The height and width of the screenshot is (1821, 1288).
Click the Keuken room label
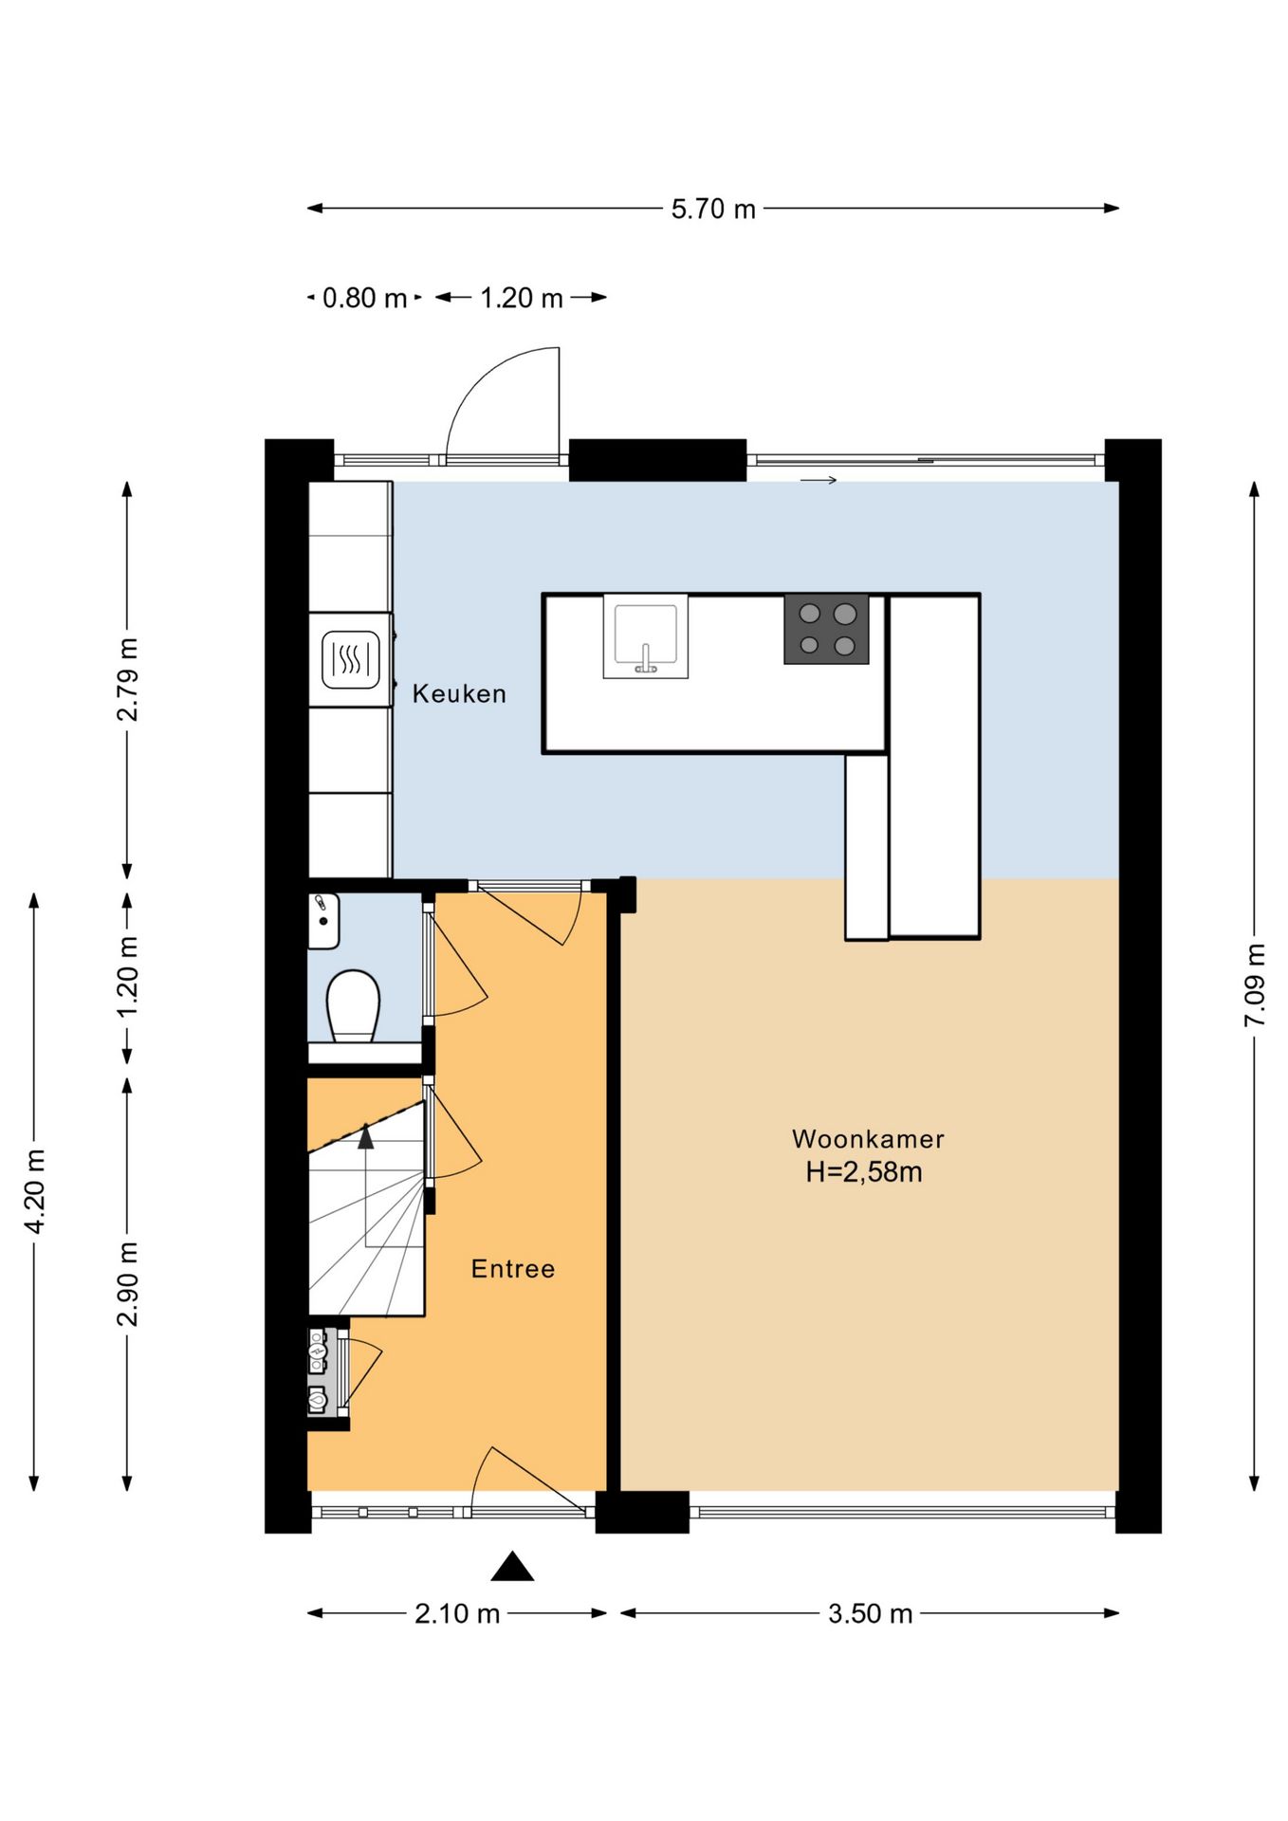coord(459,694)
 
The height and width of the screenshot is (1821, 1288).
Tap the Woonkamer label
coord(868,1139)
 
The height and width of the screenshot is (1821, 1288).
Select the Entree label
coord(513,1269)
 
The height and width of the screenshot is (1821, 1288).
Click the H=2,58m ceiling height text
coord(864,1172)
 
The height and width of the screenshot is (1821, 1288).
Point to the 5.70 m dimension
coord(713,209)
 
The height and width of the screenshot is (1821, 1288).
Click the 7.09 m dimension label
coord(1255,984)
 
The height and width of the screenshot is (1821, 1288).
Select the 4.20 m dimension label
coord(35,1191)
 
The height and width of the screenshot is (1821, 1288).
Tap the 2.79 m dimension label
coord(127,679)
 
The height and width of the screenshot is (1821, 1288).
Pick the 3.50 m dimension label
coord(870,1613)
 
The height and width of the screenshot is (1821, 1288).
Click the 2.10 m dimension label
coord(457,1613)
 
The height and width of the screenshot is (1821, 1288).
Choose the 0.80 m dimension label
coord(364,298)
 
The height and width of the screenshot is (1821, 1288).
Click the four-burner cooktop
coord(826,629)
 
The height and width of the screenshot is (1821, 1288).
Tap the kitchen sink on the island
coord(646,636)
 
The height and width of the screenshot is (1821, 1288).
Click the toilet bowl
coord(353,1004)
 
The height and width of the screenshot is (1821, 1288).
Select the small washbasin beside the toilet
coord(323,920)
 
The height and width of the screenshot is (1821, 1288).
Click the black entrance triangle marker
coord(512,1566)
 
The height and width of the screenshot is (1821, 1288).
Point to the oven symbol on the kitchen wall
coord(351,659)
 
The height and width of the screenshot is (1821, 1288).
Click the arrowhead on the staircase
coord(366,1135)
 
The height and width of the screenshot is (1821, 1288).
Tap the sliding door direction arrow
coord(819,480)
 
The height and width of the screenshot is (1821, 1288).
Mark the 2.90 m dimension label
coord(127,1284)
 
